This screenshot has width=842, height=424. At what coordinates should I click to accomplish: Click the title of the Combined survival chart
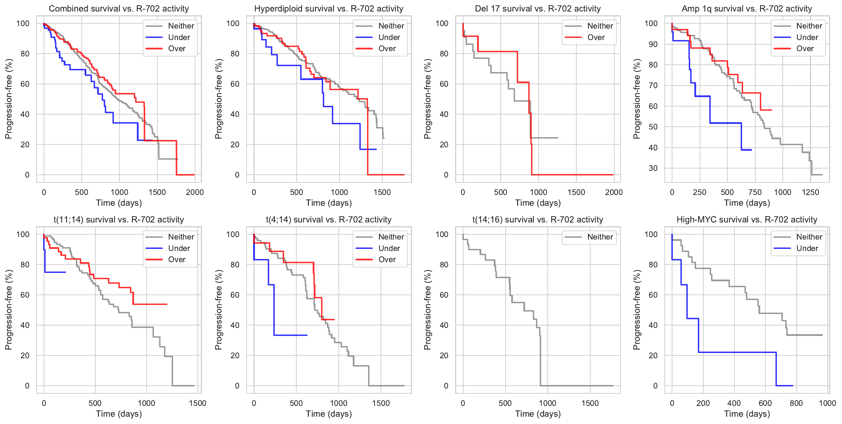click(119, 9)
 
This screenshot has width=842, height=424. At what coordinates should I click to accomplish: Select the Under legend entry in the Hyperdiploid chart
click(389, 37)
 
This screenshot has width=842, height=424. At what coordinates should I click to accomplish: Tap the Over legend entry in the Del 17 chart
click(595, 37)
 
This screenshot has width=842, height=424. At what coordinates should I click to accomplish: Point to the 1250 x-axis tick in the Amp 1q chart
click(810, 192)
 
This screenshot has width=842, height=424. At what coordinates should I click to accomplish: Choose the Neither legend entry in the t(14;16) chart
click(600, 237)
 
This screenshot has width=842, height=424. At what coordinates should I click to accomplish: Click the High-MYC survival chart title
click(747, 220)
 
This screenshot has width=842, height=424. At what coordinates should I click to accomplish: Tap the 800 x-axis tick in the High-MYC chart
click(796, 403)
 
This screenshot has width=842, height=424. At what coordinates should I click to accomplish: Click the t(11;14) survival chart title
click(119, 220)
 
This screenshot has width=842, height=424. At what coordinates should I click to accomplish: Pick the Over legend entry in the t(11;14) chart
click(177, 259)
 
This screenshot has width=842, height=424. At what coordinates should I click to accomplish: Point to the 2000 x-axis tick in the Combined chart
click(195, 192)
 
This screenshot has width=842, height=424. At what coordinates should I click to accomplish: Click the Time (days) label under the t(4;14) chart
click(329, 414)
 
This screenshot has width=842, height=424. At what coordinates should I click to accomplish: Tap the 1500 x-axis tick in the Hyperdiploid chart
click(382, 192)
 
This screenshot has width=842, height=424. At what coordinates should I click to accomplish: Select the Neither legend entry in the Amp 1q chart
click(809, 26)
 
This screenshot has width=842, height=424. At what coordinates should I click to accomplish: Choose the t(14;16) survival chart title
click(538, 220)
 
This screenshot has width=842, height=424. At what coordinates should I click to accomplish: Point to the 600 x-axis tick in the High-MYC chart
click(765, 403)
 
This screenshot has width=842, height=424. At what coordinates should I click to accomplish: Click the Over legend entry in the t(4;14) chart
click(387, 259)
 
